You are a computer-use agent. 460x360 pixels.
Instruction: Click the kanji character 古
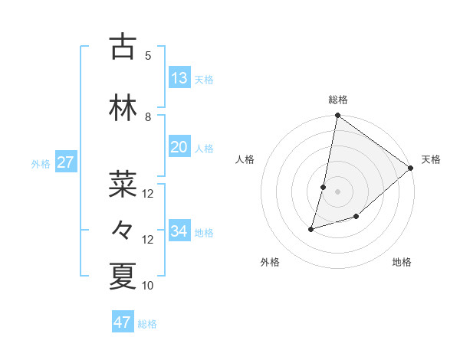(123, 47)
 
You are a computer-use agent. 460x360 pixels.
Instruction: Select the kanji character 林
(123, 109)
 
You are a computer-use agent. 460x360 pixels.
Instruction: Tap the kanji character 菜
(123, 185)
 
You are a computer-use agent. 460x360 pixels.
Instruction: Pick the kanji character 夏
(123, 277)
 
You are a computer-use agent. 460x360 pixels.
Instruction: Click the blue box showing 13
(179, 78)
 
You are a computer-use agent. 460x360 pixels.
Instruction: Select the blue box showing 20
(179, 147)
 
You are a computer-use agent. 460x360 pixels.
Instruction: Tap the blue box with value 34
(179, 231)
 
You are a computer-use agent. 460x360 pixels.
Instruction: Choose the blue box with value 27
(65, 162)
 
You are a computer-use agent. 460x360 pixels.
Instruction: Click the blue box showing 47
(123, 322)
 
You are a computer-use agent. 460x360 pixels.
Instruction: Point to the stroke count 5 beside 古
(148, 55)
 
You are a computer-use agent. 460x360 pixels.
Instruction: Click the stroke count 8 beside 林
(148, 117)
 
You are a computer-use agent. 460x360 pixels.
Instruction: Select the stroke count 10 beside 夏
(148, 286)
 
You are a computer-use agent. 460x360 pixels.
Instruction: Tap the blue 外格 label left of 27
(41, 163)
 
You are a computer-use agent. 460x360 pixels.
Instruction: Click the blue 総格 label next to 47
(147, 324)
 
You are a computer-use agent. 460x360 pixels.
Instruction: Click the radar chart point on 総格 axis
(337, 116)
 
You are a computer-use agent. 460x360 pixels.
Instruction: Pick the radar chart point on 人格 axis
(324, 187)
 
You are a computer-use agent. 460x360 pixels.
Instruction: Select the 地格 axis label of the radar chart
(402, 262)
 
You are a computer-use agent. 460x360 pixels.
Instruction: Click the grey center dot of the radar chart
(337, 191)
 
